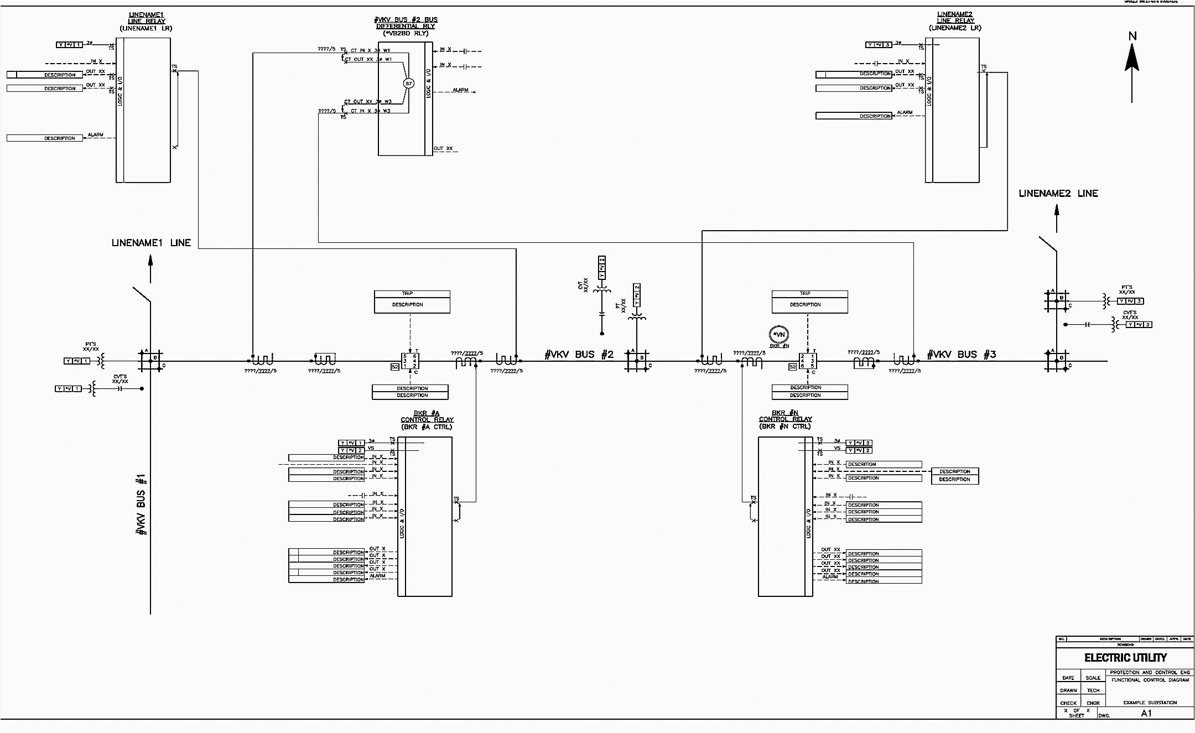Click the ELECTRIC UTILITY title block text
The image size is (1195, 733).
[1125, 658]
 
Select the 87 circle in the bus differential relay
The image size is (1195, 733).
[408, 84]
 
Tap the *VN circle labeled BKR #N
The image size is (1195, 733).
[779, 335]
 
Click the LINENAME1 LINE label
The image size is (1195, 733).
[151, 243]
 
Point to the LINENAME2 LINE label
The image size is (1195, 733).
[1058, 193]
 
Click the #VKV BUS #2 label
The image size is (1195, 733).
[579, 355]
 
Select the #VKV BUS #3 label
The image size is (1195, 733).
[962, 355]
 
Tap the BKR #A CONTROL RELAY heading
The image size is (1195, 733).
[427, 420]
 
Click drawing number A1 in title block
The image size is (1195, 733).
[1146, 713]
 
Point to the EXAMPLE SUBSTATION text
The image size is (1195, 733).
[1150, 703]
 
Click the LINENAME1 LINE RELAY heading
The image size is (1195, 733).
[146, 21]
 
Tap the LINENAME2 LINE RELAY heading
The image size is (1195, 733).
[955, 21]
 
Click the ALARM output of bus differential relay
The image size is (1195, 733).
[460, 90]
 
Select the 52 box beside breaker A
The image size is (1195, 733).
[395, 367]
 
